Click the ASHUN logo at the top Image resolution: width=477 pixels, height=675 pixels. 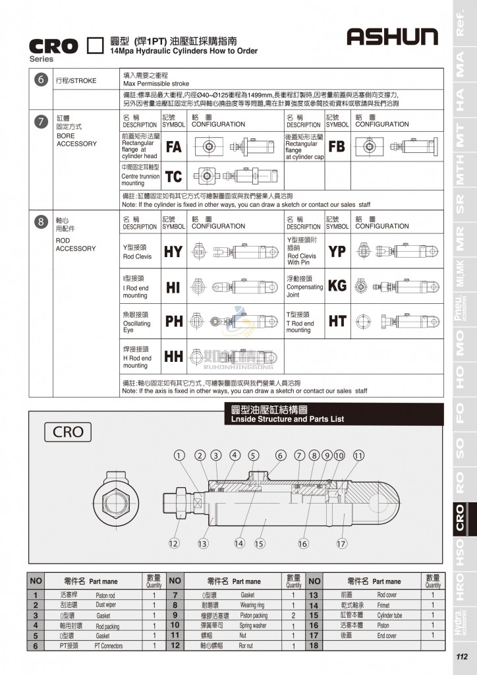[392, 38]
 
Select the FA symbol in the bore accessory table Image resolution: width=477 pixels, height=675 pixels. [174, 147]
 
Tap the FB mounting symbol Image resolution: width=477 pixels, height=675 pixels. [337, 146]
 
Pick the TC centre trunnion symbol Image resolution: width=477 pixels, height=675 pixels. [174, 176]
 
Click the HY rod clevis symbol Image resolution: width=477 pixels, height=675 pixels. [174, 251]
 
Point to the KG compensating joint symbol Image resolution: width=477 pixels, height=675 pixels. [337, 286]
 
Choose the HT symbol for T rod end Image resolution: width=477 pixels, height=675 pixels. [337, 321]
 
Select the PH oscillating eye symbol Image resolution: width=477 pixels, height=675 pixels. [174, 322]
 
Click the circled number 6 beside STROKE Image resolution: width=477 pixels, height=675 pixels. [41, 80]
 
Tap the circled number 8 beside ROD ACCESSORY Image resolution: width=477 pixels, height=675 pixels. [41, 222]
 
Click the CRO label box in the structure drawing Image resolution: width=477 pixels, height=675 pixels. [68, 432]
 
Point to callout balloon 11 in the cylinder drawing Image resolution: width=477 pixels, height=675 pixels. [358, 455]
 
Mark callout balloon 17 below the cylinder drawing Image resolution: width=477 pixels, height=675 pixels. [341, 544]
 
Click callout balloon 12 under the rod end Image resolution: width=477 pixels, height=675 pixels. [173, 544]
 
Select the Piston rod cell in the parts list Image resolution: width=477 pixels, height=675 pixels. [105, 595]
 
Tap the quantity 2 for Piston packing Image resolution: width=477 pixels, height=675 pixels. [293, 615]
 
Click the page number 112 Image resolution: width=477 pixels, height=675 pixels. [461, 657]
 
